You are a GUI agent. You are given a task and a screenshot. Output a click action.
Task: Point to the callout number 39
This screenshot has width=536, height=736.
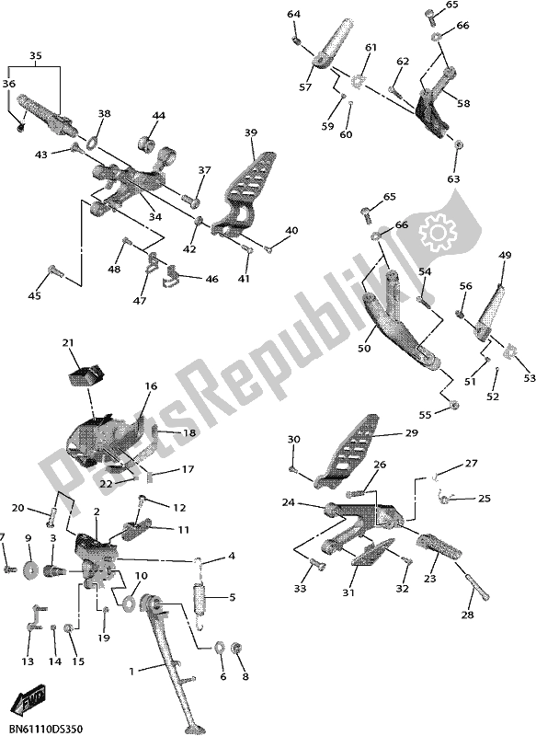coord(250,133)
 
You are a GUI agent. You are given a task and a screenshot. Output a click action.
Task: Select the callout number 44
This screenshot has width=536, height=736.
coord(159,116)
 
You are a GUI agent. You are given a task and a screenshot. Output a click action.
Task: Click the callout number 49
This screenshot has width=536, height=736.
coord(505,255)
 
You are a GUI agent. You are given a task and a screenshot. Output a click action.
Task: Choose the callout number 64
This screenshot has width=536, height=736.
coord(293,14)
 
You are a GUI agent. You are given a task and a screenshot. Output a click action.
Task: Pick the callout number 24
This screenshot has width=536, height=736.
coord(288,504)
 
